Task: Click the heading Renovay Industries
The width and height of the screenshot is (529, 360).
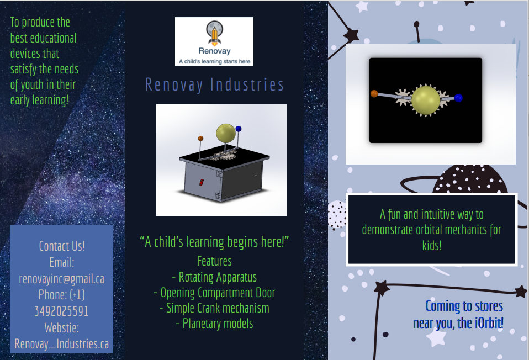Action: (x=215, y=84)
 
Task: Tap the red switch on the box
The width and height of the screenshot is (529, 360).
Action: (x=201, y=183)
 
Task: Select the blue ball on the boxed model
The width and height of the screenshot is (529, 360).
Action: (x=239, y=129)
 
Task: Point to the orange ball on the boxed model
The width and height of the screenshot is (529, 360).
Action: (x=200, y=139)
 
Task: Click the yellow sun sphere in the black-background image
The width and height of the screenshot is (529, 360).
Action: (x=426, y=100)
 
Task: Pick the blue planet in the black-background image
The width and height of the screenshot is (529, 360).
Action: (x=458, y=98)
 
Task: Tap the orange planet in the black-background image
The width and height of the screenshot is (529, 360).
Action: (x=374, y=93)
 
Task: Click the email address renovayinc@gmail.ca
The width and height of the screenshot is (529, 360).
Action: (x=62, y=279)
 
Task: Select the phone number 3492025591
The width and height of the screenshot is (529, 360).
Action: (x=62, y=311)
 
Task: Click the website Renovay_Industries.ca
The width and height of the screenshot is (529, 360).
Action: (x=62, y=344)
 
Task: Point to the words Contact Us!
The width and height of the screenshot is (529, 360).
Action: (x=62, y=246)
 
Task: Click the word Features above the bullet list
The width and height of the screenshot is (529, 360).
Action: (x=214, y=261)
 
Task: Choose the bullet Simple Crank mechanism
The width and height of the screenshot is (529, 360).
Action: (x=214, y=308)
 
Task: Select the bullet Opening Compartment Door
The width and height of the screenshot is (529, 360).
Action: (x=214, y=293)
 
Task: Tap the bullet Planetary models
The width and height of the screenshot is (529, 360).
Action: (x=214, y=324)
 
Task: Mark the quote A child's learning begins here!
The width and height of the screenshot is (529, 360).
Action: (x=214, y=242)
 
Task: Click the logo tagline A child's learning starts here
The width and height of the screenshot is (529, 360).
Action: (x=215, y=61)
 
